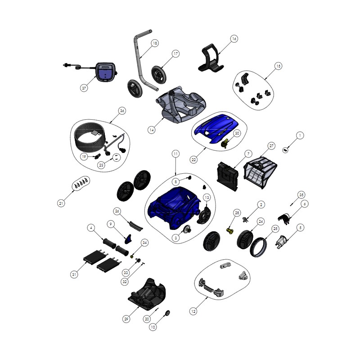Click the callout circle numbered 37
[x=84, y=88]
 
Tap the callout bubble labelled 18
[x=155, y=43]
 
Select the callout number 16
[x=234, y=39]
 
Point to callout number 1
[x=300, y=135]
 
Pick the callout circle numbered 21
[x=61, y=203]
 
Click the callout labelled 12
[x=193, y=311]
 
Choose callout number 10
[x=153, y=327]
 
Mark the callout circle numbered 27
[x=271, y=146]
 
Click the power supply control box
[x=106, y=72]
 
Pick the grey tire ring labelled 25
[x=258, y=247]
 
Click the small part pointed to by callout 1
[x=285, y=150]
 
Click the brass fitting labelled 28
[x=229, y=230]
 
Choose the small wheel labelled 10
[x=167, y=313]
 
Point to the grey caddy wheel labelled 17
[x=159, y=75]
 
